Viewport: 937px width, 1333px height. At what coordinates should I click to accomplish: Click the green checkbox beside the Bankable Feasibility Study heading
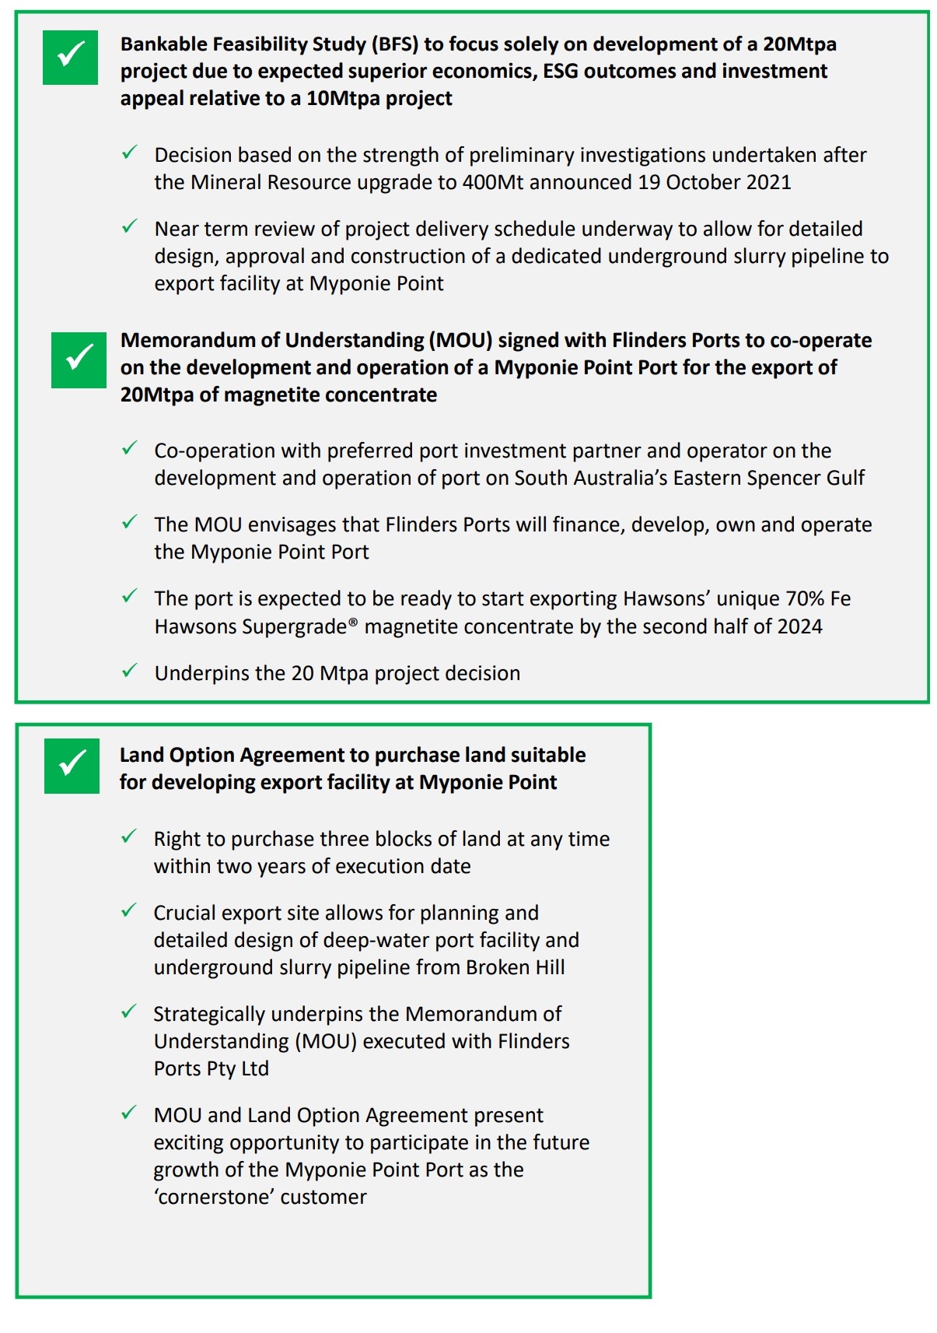[x=70, y=57]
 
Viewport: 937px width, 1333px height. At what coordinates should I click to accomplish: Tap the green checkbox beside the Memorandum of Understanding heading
[x=79, y=360]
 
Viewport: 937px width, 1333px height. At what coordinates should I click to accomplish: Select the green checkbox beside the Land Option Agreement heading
[x=72, y=766]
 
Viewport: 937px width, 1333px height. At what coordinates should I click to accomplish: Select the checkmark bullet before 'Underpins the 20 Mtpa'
[x=129, y=671]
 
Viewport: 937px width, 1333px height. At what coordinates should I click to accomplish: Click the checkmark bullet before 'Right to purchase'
[x=129, y=837]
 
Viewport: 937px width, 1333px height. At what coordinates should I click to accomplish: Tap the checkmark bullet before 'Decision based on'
[x=129, y=153]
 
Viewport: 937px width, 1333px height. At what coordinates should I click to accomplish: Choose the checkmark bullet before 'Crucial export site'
[x=129, y=910]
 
